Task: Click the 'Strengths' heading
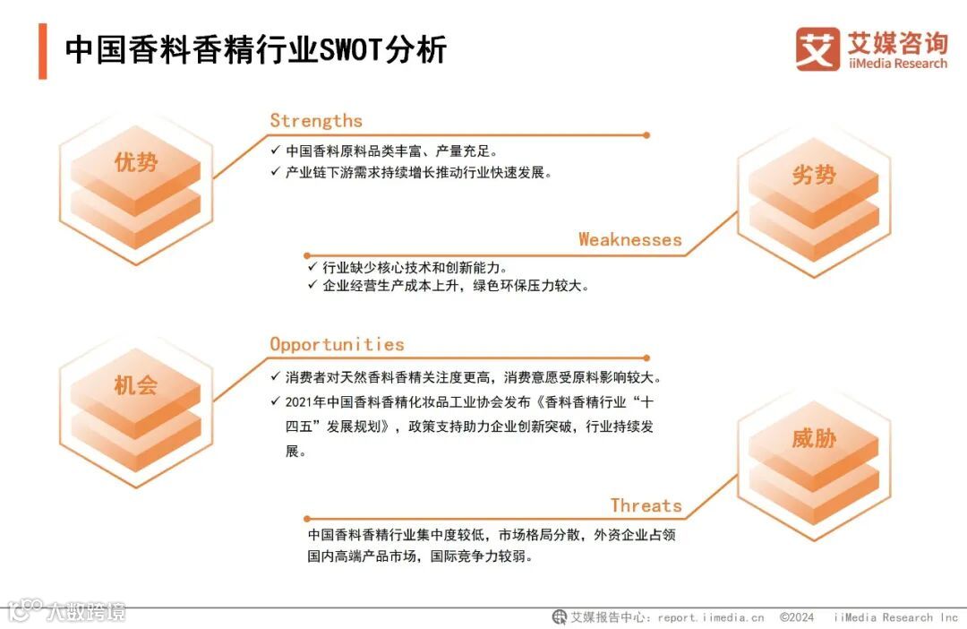tap(316, 121)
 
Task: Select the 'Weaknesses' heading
tap(629, 239)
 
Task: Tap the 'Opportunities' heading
tap(337, 344)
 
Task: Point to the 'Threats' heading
tap(646, 505)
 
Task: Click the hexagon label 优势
tap(135, 162)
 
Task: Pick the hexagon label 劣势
tap(813, 176)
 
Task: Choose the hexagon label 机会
tap(135, 385)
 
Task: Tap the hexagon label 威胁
tap(813, 438)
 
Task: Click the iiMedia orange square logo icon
tap(817, 48)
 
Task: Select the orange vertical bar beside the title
tap(42, 50)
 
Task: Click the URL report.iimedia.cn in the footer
tap(711, 617)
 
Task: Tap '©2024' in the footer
tap(796, 617)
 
